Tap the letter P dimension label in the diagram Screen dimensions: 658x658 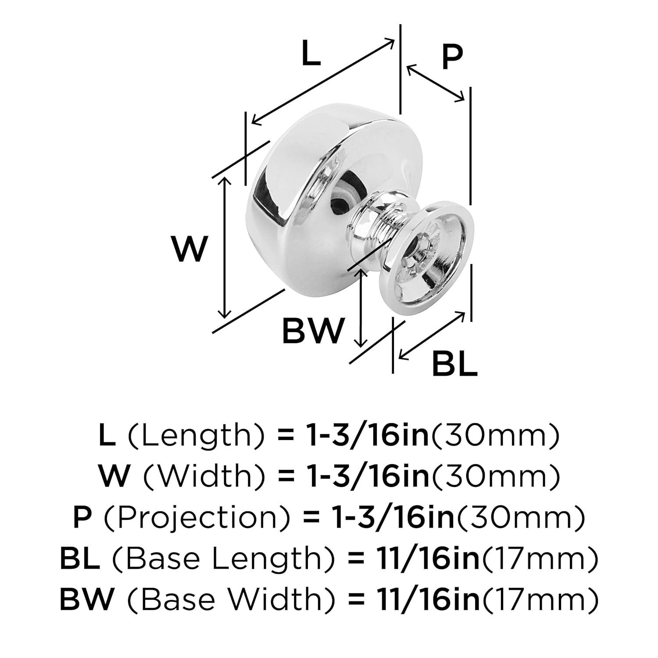(452, 57)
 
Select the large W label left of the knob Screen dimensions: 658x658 (189, 248)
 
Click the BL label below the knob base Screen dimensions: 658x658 (454, 363)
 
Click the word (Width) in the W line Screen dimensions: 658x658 (200, 477)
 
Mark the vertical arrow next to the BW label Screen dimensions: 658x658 (361, 307)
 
